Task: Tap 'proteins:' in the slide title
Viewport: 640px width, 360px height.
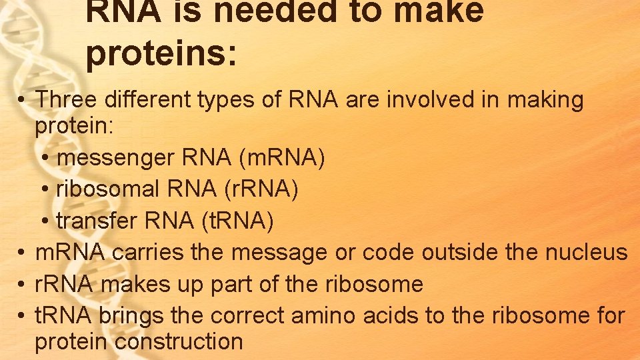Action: tap(161, 53)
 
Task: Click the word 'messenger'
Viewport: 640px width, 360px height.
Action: tap(116, 159)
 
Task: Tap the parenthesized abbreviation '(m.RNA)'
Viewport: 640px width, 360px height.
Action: tap(285, 159)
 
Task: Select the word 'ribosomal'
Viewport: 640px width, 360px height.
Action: tap(108, 189)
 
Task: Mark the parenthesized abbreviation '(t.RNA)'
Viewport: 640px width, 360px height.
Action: tap(237, 220)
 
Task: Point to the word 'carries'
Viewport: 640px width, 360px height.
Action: tap(148, 253)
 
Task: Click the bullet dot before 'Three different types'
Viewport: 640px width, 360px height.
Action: tap(22, 101)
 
